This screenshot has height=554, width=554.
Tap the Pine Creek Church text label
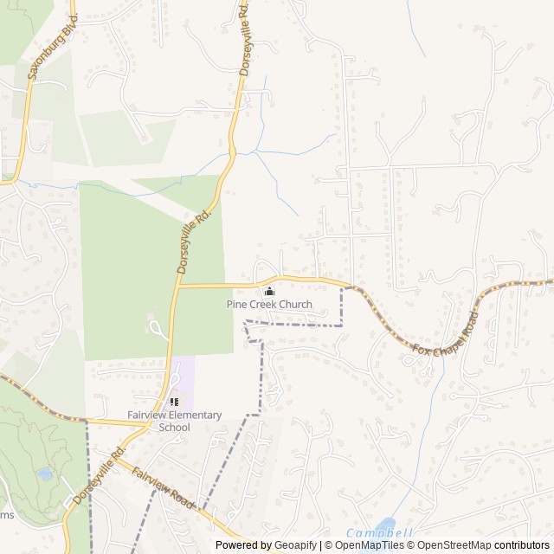(269, 305)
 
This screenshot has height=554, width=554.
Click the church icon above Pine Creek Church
(269, 292)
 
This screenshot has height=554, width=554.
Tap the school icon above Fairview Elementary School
(174, 402)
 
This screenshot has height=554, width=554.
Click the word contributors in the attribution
(522, 545)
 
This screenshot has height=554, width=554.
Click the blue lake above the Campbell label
(385, 525)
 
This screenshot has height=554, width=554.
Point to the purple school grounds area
(184, 381)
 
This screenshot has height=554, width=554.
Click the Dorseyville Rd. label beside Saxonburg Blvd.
(245, 38)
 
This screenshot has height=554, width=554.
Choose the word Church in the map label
(295, 305)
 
